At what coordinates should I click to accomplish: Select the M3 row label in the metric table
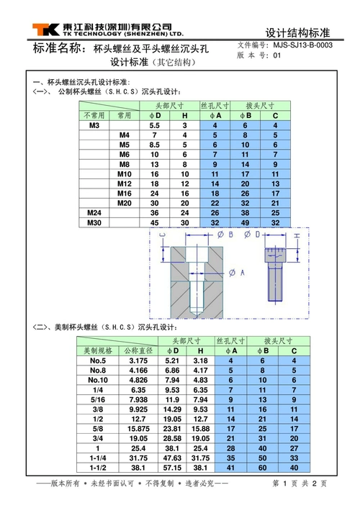(x=94, y=125)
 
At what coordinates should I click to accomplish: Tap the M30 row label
(x=94, y=223)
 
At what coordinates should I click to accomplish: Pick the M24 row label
(x=94, y=213)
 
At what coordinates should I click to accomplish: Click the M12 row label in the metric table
(x=125, y=183)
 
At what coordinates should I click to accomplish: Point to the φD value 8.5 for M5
(x=154, y=145)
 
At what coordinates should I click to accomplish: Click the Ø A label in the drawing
(x=237, y=272)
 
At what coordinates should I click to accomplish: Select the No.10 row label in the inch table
(x=98, y=379)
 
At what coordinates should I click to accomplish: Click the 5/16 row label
(x=98, y=399)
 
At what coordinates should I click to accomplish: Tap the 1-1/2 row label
(x=98, y=467)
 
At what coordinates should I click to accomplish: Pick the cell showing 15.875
(x=138, y=428)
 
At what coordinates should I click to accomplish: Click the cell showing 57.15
(x=172, y=467)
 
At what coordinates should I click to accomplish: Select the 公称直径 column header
(x=138, y=350)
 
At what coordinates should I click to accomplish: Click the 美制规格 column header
(x=98, y=350)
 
